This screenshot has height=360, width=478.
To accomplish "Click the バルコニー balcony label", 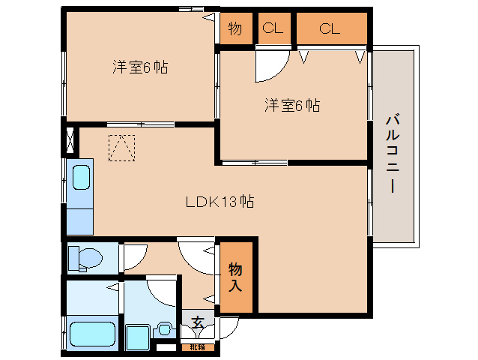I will coord(391,154).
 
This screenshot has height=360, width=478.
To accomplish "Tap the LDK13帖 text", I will coord(219,201).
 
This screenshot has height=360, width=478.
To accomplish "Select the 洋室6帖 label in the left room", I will coord(139,67).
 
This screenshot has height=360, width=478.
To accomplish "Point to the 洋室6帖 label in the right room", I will coord(291,106).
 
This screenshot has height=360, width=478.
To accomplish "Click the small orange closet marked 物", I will coord(235,29).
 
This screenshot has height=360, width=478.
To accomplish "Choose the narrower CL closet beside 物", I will coord(273,29).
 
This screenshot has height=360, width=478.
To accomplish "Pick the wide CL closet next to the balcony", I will coord(330,29).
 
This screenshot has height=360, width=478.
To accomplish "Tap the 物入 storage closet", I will coord(235,277).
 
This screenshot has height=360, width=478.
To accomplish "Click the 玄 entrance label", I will coord(197,322).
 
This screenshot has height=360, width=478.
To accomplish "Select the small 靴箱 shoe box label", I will coord(196,346).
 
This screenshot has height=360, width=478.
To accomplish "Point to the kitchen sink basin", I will coord(80,179).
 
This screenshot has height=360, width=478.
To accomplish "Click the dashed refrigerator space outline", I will coord(121,147).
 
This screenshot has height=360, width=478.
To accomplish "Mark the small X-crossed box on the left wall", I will coord(70,141).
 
